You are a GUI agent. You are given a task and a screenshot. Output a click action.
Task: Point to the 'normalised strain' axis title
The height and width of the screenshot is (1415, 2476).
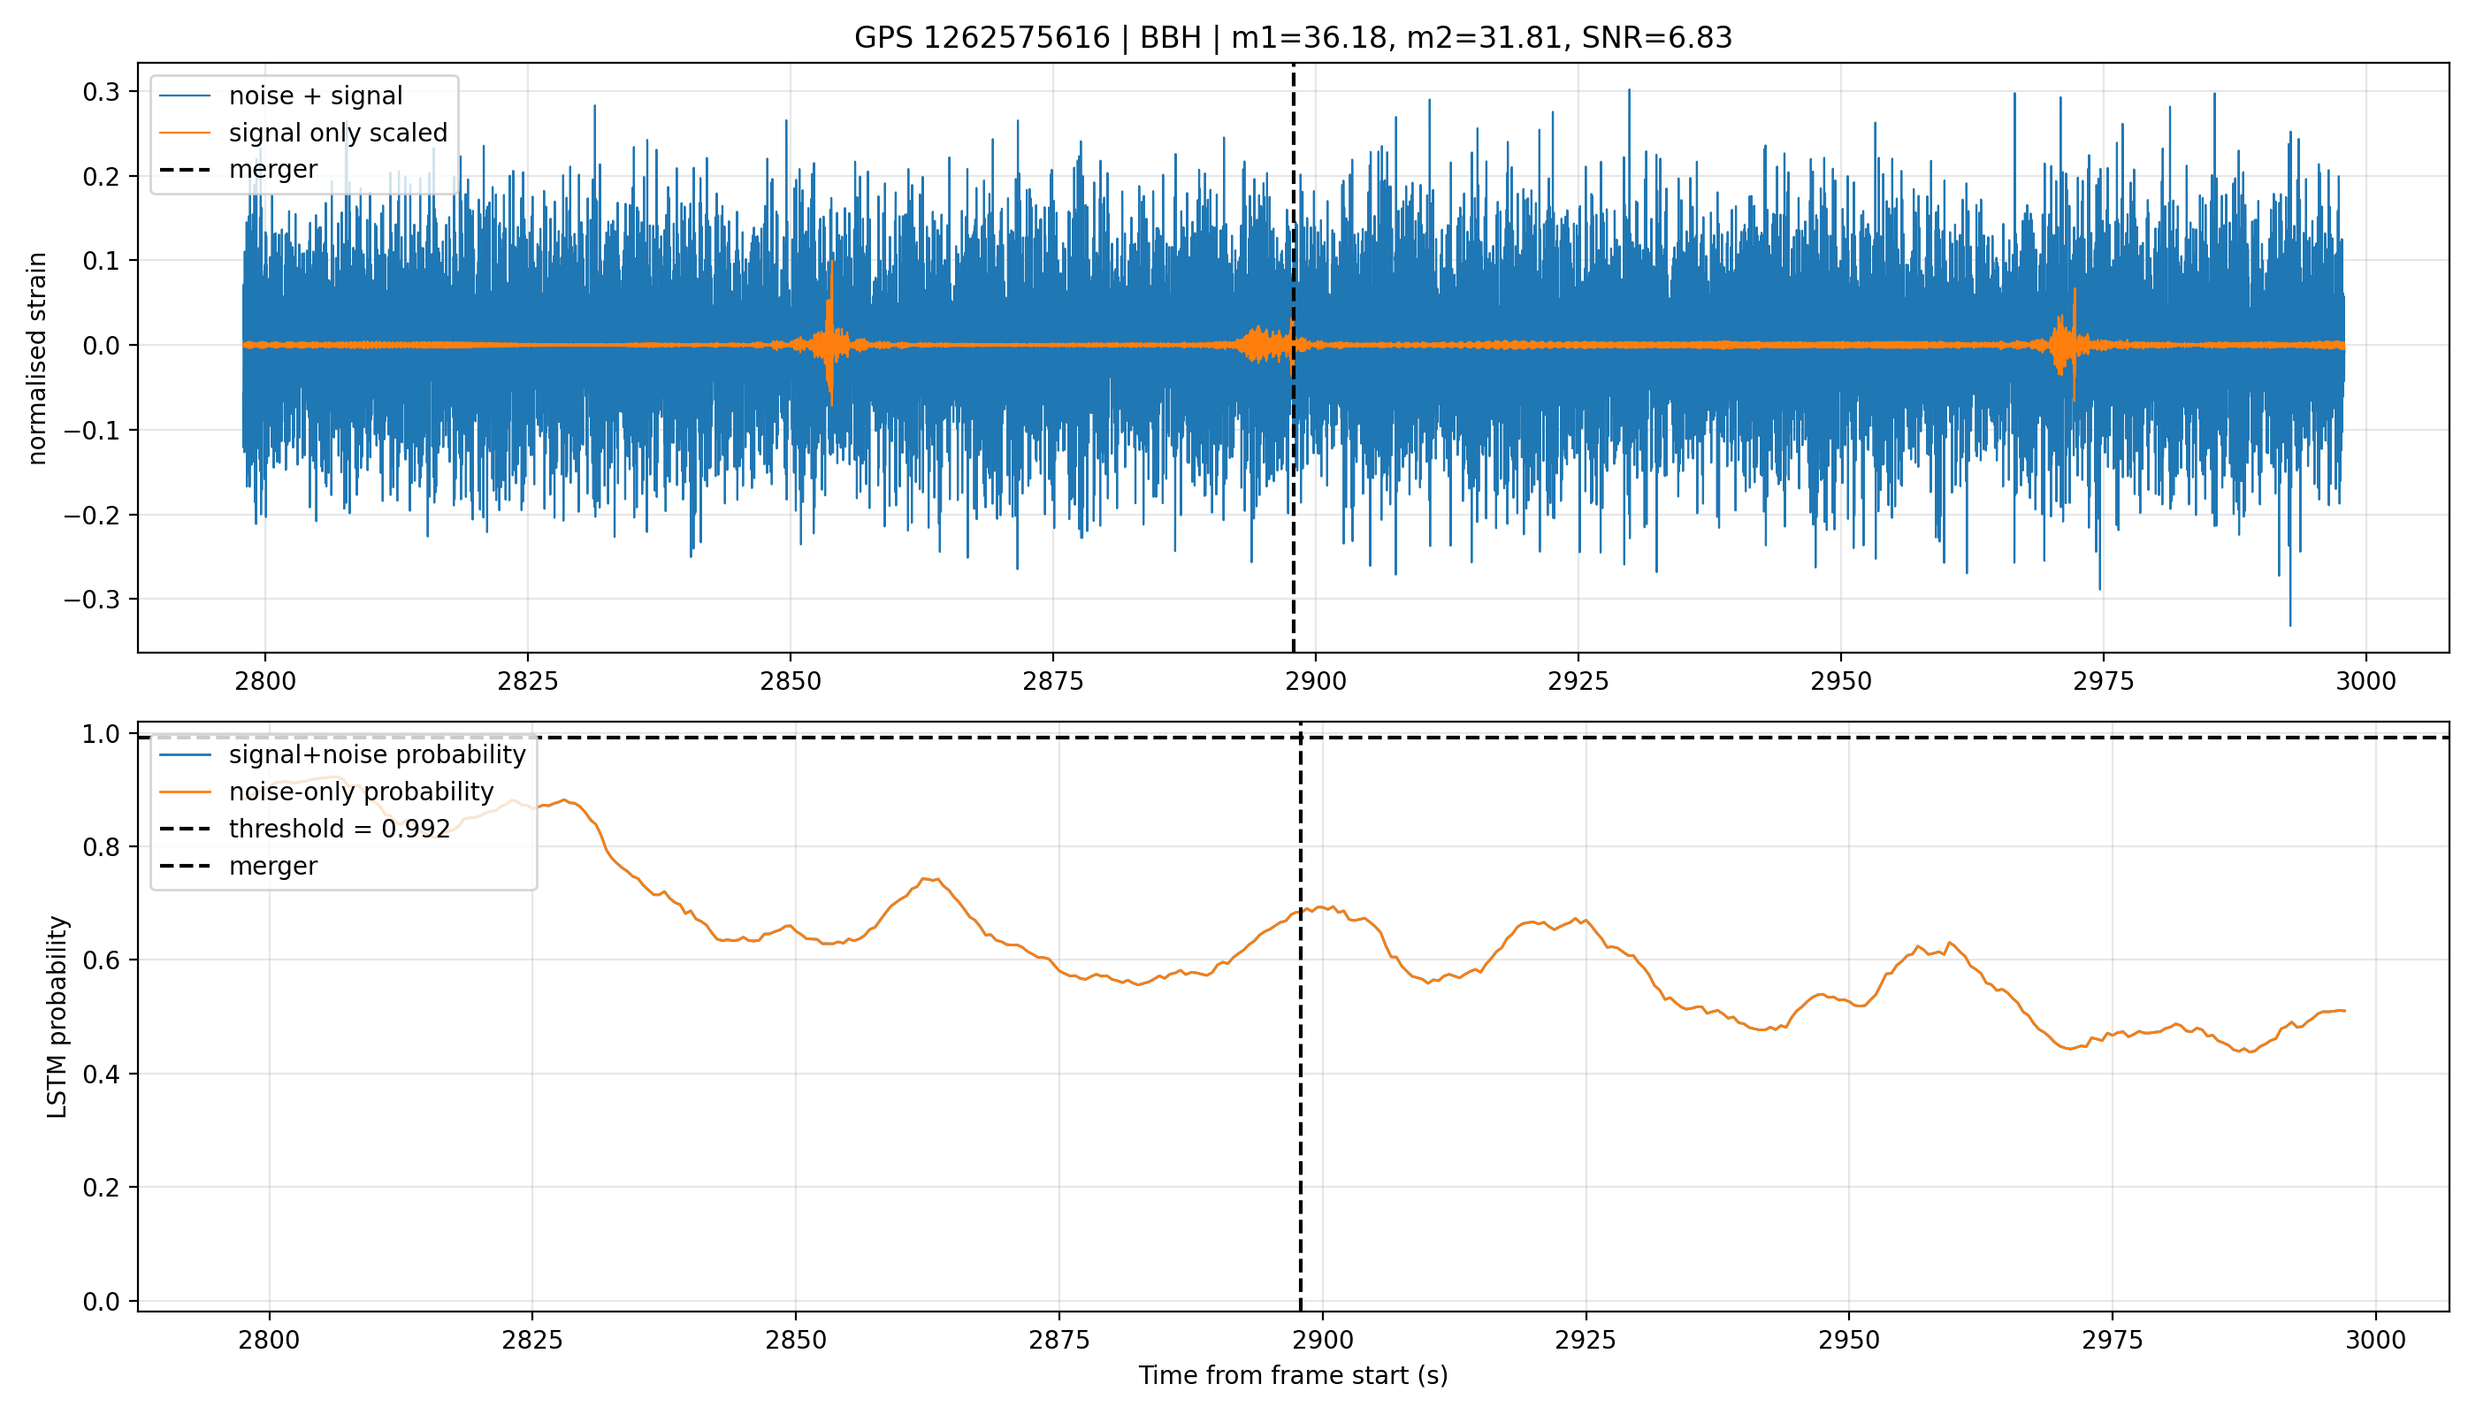click(x=37, y=358)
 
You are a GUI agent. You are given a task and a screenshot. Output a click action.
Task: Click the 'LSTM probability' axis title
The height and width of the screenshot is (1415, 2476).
click(x=57, y=1016)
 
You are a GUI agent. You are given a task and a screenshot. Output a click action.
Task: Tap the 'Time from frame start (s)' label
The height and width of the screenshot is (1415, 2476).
click(x=1294, y=1375)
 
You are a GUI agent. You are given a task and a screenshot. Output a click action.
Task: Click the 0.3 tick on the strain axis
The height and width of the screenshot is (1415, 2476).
click(x=101, y=91)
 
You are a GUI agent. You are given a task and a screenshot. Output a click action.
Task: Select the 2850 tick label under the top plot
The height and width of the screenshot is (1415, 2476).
click(x=790, y=681)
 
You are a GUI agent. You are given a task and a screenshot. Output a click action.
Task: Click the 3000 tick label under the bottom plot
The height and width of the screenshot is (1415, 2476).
click(x=2375, y=1340)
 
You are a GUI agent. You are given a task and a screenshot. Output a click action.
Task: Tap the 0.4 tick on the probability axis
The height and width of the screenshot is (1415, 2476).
click(x=101, y=1074)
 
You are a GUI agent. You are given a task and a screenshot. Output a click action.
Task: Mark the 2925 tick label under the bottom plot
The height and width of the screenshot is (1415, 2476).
click(x=1586, y=1340)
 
